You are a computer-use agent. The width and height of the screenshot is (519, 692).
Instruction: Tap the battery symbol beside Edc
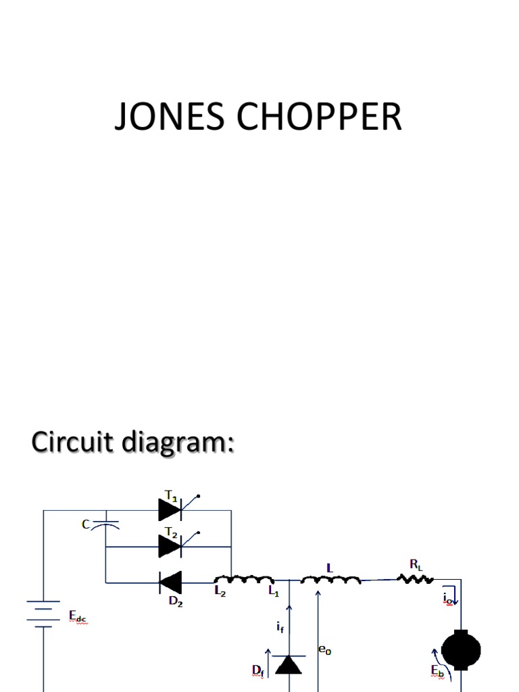tap(44, 616)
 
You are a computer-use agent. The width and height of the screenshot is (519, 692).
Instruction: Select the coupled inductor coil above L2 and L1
tap(244, 580)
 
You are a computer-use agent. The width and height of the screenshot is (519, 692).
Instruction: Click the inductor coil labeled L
tap(330, 580)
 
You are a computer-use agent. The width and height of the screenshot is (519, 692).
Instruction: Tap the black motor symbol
tap(461, 651)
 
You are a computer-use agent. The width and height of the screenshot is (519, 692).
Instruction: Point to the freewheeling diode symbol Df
tap(291, 665)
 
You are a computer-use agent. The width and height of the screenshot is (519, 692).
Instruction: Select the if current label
tap(279, 627)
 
